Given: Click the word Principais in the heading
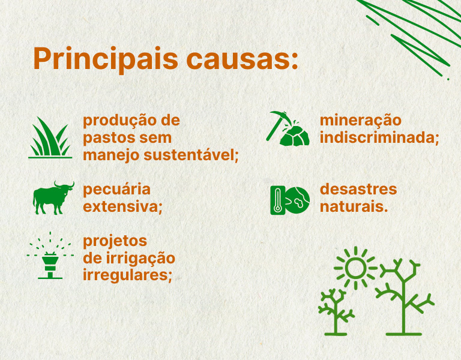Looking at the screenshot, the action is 106,59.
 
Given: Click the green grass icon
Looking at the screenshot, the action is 50,137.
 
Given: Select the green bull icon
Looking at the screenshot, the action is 53,198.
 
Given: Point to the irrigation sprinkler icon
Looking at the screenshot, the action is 50,256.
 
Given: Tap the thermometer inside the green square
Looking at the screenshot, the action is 277,200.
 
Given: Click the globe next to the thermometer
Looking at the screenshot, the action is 297,200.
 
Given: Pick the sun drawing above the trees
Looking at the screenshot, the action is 355,268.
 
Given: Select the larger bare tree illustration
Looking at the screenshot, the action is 404,297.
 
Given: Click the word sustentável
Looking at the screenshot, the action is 191,155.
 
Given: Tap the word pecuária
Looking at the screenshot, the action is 116,190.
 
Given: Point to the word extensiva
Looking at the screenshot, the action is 122,207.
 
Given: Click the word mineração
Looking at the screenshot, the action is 360,121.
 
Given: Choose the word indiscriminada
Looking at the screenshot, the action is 379,138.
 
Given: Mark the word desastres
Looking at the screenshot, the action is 358,189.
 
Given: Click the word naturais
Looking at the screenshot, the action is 354,206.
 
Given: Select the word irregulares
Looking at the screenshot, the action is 127,275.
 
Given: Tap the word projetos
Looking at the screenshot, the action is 115,242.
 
